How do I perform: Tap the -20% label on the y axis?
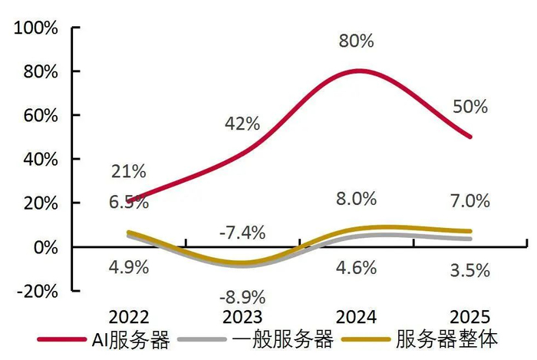click(x=38, y=291)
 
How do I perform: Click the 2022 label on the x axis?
click(x=129, y=316)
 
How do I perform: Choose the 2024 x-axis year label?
click(x=355, y=316)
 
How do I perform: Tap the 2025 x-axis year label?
click(x=469, y=316)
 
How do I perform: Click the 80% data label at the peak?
click(x=356, y=41)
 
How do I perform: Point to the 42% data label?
click(x=242, y=124)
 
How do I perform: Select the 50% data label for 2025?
click(x=469, y=107)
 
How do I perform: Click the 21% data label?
click(x=129, y=172)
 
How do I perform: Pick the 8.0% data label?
click(x=356, y=199)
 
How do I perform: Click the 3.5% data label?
click(x=469, y=269)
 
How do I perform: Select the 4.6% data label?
click(x=356, y=269)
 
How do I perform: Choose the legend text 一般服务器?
click(x=289, y=339)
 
